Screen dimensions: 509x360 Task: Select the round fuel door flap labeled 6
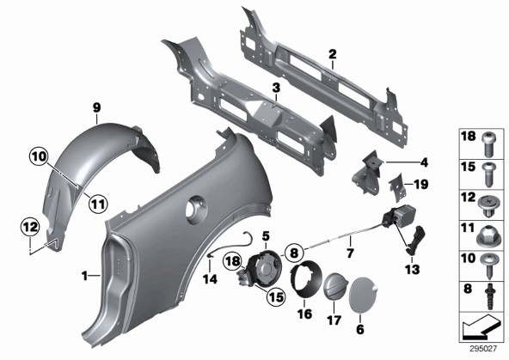click(363, 295)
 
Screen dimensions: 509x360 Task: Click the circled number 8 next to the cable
click(294, 253)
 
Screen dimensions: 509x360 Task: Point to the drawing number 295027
click(483, 349)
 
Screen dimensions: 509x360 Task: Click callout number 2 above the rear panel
click(333, 54)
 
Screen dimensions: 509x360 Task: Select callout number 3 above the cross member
click(276, 88)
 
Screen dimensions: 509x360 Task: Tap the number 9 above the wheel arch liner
click(97, 107)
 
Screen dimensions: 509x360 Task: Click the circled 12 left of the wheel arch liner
click(30, 227)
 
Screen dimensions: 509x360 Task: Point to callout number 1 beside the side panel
click(84, 276)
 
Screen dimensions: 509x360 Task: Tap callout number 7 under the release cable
click(350, 253)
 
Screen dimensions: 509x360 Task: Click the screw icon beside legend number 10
click(489, 266)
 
